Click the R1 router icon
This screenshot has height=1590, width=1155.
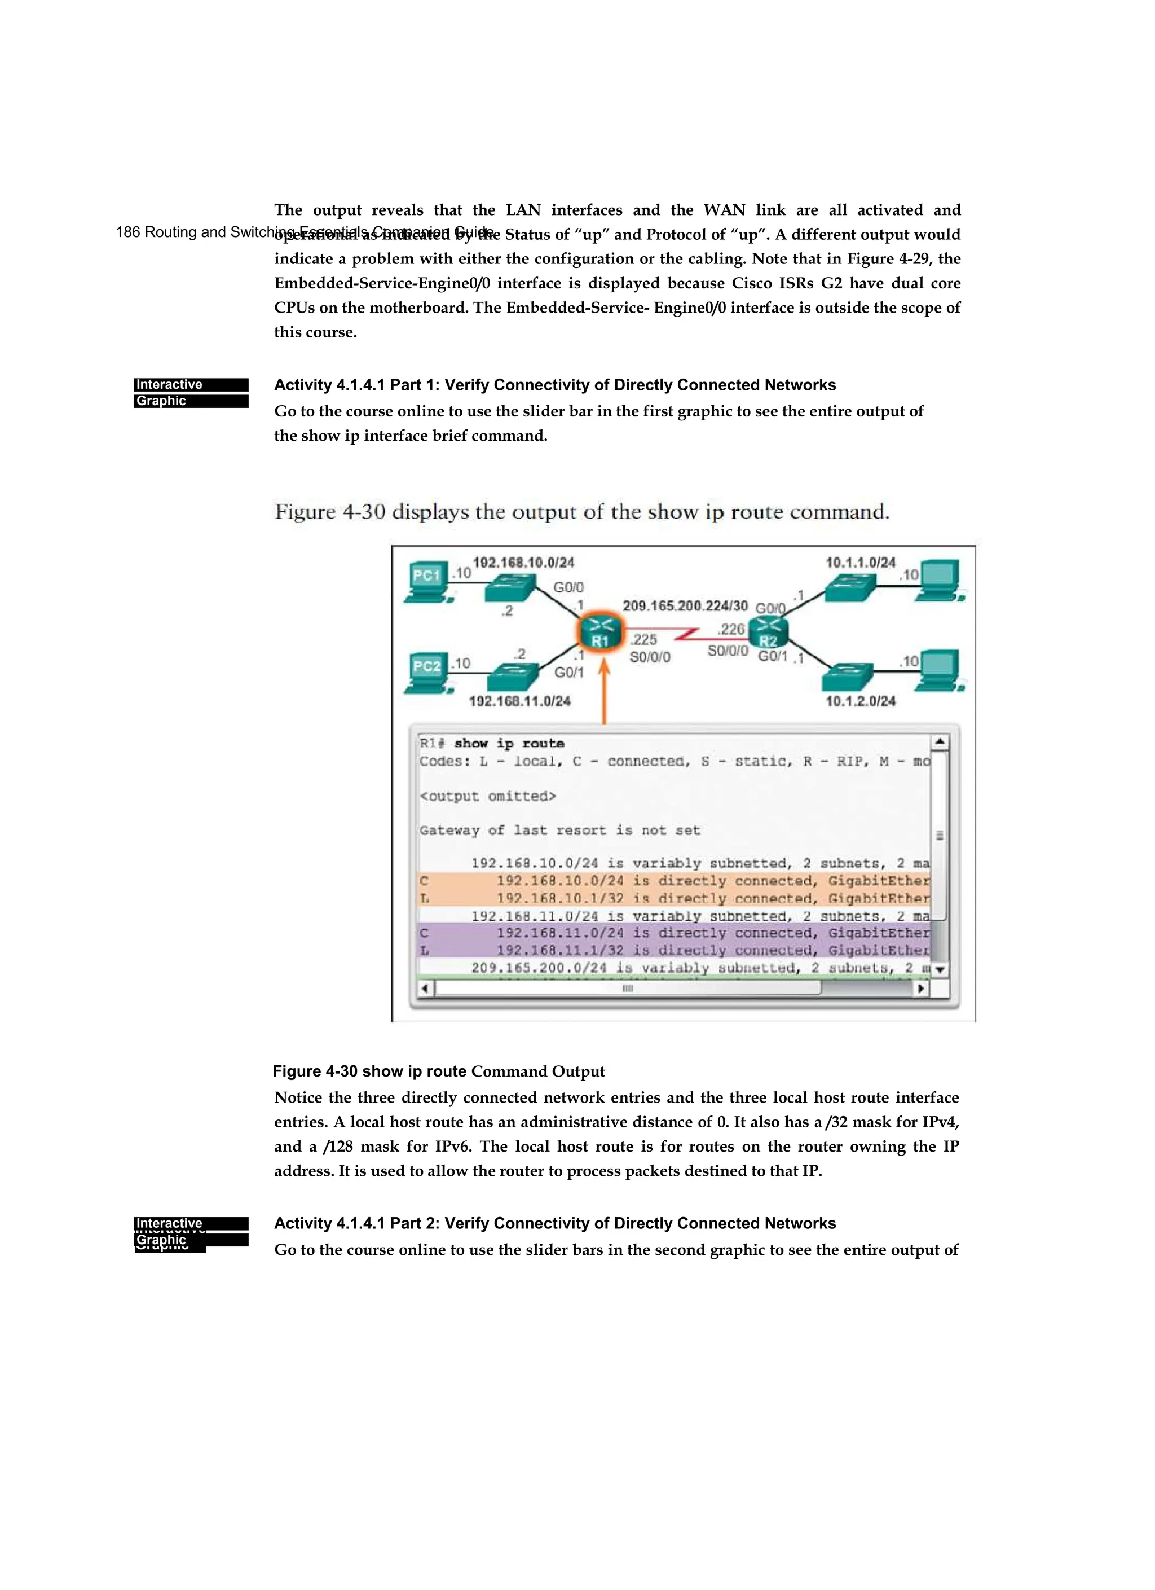[600, 633]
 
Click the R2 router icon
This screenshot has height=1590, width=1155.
[768, 633]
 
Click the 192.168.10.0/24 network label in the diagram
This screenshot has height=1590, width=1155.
[523, 562]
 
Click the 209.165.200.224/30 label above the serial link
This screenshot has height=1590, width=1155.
[685, 605]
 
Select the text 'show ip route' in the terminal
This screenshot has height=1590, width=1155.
[509, 743]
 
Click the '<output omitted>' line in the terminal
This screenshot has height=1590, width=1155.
[488, 796]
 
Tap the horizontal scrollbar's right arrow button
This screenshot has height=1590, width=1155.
[922, 988]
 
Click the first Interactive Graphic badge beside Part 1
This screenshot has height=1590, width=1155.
[191, 393]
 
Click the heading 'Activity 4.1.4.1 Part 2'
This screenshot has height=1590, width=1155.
[554, 1223]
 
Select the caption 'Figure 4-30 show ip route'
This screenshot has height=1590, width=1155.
[369, 1071]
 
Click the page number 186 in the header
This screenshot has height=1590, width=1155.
[127, 232]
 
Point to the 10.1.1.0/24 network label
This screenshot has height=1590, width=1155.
[860, 562]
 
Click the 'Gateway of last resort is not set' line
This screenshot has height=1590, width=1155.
[559, 830]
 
